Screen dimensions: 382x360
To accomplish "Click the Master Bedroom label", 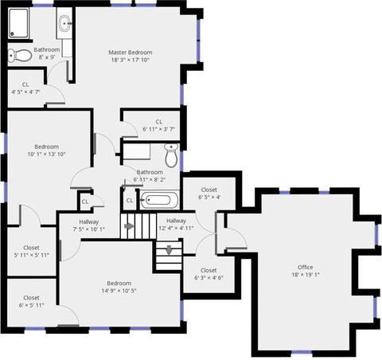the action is pyautogui.click(x=131, y=53).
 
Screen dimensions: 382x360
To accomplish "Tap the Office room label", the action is pyautogui.click(x=306, y=267).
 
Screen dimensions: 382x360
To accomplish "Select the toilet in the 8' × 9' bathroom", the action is pyautogui.click(x=20, y=55).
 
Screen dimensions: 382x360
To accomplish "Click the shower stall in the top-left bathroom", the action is pyautogui.click(x=18, y=23).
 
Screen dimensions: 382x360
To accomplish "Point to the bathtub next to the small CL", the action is pyautogui.click(x=159, y=200).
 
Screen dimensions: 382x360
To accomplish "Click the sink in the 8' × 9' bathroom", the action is pyautogui.click(x=64, y=23).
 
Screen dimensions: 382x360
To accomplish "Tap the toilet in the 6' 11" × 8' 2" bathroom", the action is pyautogui.click(x=172, y=155).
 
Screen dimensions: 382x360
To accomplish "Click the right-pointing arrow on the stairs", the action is pyautogui.click(x=129, y=226).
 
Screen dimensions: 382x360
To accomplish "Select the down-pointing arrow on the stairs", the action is pyautogui.click(x=169, y=250).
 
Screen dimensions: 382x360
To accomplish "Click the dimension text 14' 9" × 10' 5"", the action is pyautogui.click(x=119, y=291).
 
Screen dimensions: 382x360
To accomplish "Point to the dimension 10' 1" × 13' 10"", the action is pyautogui.click(x=46, y=154).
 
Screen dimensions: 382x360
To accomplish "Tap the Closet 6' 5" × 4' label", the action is pyautogui.click(x=209, y=194).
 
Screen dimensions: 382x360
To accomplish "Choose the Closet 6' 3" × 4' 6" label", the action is pyautogui.click(x=209, y=274).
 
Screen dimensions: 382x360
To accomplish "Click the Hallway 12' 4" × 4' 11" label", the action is pyautogui.click(x=176, y=225).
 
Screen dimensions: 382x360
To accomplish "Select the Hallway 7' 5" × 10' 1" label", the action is pyautogui.click(x=89, y=225).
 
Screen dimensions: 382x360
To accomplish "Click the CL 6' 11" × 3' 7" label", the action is pyautogui.click(x=158, y=126).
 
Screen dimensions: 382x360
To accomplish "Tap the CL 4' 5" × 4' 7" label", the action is pyautogui.click(x=25, y=88).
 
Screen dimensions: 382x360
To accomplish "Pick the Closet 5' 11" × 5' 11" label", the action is pyautogui.click(x=31, y=252).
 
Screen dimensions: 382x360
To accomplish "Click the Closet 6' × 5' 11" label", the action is pyautogui.click(x=31, y=302).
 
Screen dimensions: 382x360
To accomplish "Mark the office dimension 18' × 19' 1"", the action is pyautogui.click(x=306, y=275).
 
